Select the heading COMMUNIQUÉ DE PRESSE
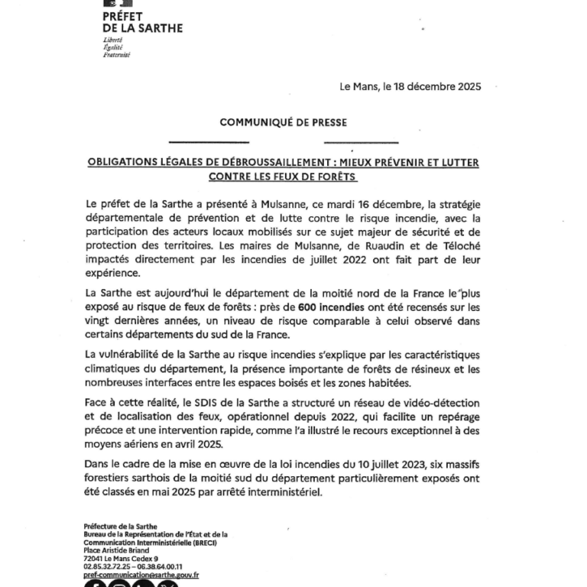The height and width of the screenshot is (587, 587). pos(283,122)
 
